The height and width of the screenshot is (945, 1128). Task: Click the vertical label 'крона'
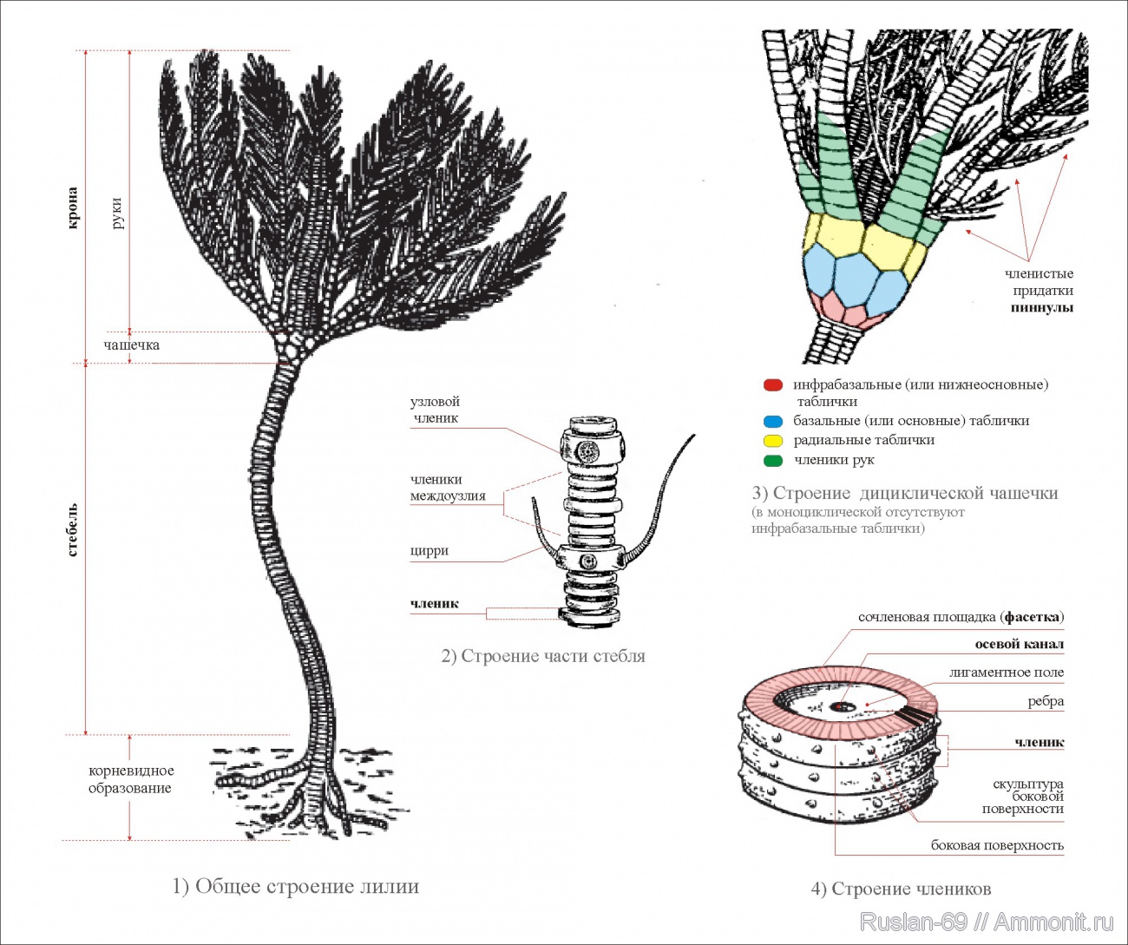(x=73, y=208)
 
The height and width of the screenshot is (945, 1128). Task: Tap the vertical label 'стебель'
(x=73, y=529)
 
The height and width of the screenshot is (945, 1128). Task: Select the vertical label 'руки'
(x=117, y=213)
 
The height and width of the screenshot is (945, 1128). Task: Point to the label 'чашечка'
(x=132, y=345)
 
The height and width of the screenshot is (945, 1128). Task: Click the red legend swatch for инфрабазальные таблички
(x=773, y=385)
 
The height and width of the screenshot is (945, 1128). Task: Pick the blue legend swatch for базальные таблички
(x=773, y=422)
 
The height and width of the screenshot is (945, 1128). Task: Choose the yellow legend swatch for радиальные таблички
(x=773, y=441)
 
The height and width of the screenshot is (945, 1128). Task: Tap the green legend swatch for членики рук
(x=773, y=461)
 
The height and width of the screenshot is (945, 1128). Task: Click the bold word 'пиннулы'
(x=1041, y=308)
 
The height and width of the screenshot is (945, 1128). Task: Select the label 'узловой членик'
(x=435, y=410)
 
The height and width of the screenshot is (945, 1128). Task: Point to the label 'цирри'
(x=430, y=551)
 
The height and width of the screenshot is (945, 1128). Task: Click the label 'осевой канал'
(x=1019, y=645)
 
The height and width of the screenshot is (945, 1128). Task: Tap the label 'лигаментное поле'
(x=1006, y=673)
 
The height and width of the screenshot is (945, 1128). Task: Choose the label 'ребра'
(x=1046, y=701)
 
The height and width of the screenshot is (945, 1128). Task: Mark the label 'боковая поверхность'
(x=997, y=845)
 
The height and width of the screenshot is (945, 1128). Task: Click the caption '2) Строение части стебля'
(x=543, y=656)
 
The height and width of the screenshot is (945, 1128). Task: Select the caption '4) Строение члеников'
(x=901, y=889)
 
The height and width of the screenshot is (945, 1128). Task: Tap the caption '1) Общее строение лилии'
(x=296, y=887)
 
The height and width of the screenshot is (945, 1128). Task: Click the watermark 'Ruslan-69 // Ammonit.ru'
(x=987, y=922)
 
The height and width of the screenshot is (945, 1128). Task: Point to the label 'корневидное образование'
(x=131, y=779)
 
